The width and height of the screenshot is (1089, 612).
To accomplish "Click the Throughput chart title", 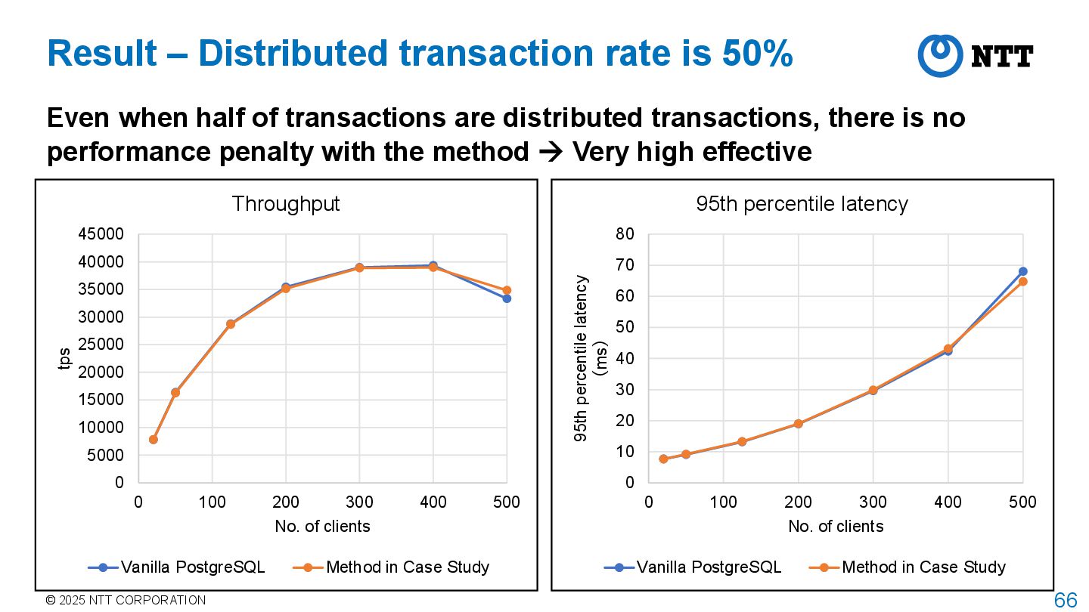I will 286,204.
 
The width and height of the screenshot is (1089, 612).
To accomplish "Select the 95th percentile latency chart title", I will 802,204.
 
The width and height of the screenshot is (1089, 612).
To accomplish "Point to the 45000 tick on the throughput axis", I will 101,235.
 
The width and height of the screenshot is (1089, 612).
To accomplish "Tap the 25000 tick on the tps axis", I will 101,345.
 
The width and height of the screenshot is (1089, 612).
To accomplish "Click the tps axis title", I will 65,358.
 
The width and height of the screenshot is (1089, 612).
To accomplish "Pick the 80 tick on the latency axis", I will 625,234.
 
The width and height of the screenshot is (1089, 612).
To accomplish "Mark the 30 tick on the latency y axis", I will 625,390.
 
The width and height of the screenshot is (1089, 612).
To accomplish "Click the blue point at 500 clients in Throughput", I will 507,298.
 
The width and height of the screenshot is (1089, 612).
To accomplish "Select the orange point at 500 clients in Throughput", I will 507,290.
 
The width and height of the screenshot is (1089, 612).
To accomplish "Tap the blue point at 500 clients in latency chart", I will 1022,271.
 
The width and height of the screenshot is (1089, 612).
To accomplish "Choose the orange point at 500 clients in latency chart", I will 1022,281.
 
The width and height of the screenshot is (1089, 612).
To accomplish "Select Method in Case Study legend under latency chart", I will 907,567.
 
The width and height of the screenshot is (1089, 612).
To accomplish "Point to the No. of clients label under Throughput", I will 322,527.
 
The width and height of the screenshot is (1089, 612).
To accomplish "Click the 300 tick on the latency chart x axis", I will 873,502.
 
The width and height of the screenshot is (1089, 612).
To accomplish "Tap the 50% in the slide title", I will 757,54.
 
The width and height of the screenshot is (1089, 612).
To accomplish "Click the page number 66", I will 1066,601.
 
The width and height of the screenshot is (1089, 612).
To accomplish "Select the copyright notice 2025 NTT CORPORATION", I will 126,601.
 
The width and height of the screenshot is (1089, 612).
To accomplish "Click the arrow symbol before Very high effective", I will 551,153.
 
